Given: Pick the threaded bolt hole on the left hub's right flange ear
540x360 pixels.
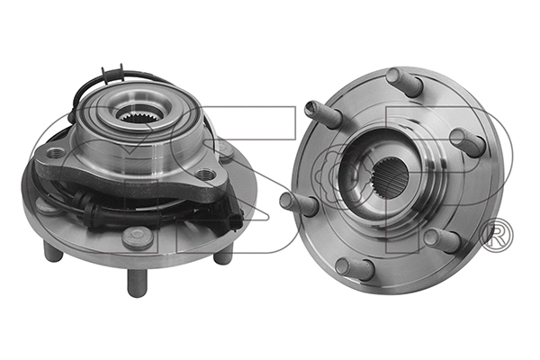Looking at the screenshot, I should click(210, 174).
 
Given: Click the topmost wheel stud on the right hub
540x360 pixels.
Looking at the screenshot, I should click(405, 82).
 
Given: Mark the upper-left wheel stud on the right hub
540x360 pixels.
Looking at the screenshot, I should click(323, 115).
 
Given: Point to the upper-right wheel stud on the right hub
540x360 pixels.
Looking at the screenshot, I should click(467, 141).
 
